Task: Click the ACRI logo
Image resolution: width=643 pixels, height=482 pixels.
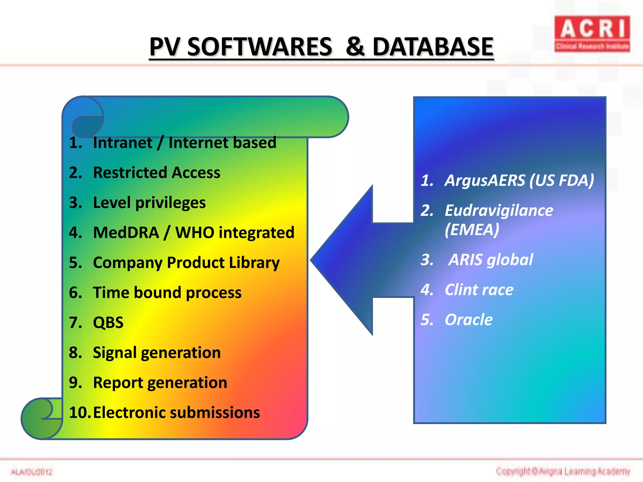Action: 592,34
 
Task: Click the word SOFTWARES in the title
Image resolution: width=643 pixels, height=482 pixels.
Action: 259,47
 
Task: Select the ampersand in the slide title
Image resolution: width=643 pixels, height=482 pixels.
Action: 355,47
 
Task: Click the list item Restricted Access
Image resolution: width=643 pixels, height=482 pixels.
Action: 156,173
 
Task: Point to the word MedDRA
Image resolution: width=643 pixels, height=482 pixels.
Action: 126,233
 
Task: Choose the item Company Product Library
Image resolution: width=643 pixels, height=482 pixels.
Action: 186,263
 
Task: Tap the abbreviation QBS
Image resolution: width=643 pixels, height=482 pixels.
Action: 108,323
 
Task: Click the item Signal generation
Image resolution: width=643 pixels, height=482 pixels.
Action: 156,353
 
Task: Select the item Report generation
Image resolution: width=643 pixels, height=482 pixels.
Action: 160,383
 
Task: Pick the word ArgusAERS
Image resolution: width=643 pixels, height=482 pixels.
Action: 485,180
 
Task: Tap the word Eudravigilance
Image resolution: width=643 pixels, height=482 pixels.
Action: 499,211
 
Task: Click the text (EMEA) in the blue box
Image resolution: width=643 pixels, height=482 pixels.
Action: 472,230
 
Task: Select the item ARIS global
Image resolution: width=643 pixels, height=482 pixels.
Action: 490,260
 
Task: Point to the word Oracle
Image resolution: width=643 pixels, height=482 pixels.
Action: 468,320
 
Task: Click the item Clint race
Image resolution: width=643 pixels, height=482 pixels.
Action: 479,290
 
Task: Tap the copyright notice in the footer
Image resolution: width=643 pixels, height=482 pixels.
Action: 563,471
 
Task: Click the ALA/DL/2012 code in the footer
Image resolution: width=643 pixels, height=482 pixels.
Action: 31,472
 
